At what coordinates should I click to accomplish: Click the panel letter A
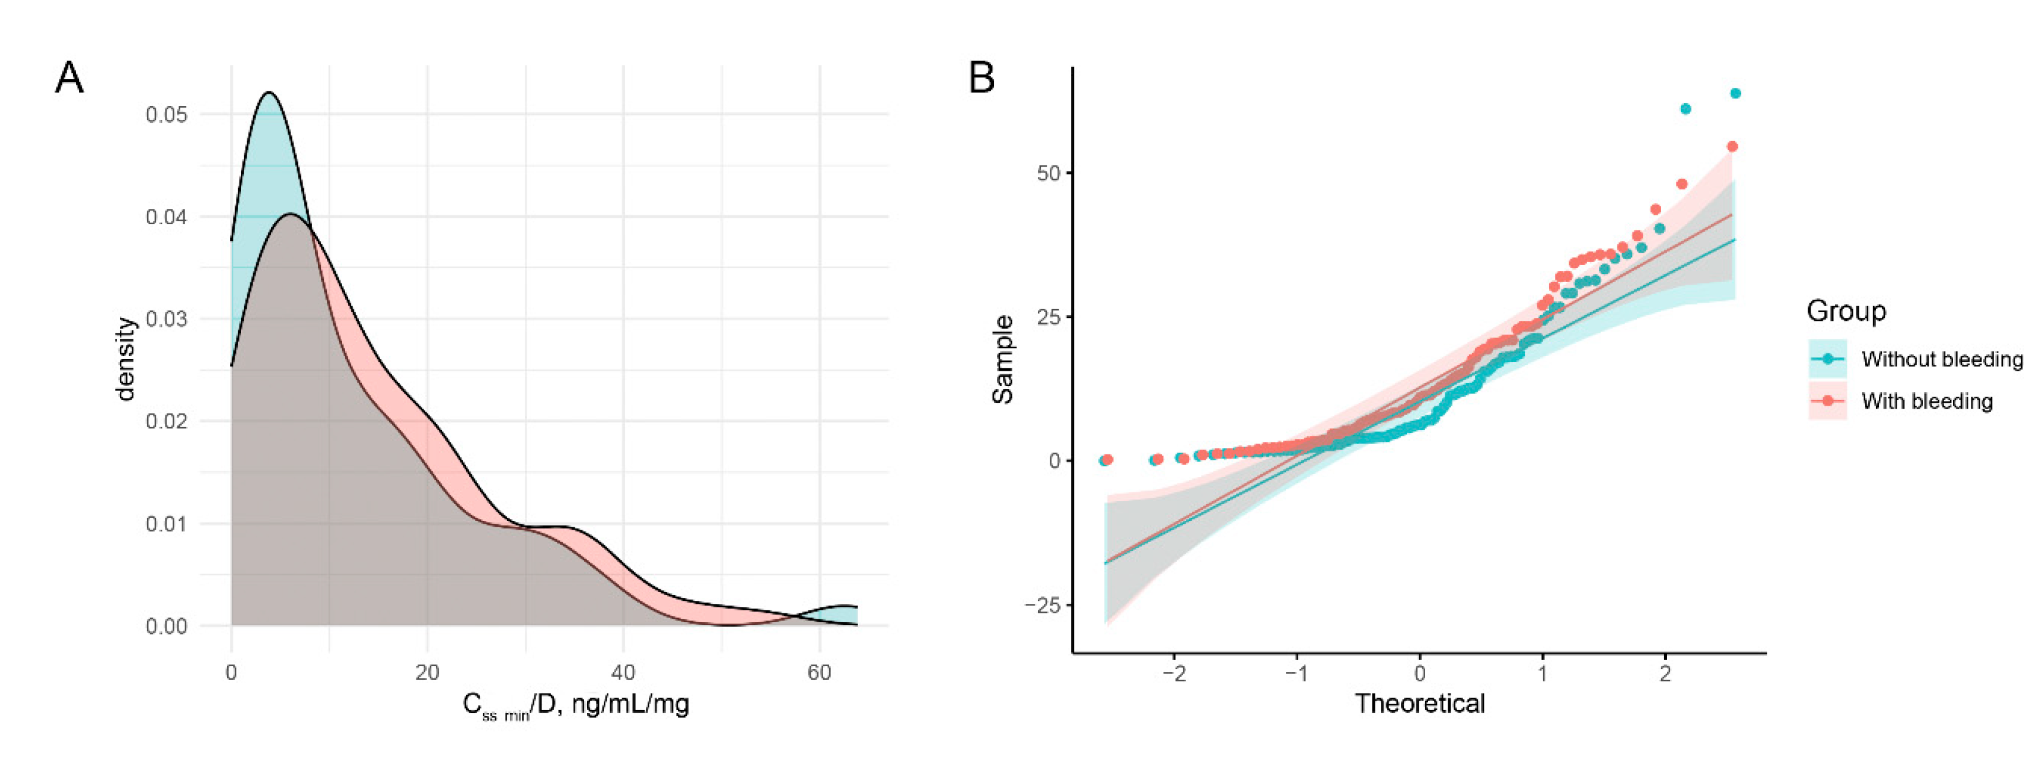(x=69, y=79)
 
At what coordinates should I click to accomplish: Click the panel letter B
(x=982, y=79)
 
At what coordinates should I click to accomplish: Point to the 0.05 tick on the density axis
(x=167, y=115)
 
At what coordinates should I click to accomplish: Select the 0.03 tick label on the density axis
(x=167, y=319)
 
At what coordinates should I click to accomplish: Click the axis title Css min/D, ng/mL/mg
(x=575, y=705)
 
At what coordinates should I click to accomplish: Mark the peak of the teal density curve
(x=269, y=93)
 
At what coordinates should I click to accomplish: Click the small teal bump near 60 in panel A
(x=844, y=607)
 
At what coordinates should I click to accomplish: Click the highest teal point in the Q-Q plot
(x=1735, y=93)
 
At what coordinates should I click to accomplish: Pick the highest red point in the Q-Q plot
(x=1732, y=147)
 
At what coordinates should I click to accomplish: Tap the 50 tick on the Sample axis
(x=1048, y=173)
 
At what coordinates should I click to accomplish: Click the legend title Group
(x=1846, y=311)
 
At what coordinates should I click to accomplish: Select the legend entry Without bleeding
(x=1942, y=359)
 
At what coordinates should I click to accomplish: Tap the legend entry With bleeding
(x=1926, y=402)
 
